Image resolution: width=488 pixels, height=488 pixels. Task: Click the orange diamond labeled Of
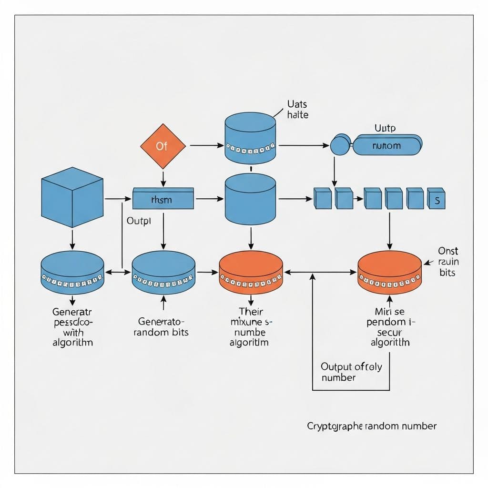(163, 146)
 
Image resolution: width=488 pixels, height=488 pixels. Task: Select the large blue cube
(72, 197)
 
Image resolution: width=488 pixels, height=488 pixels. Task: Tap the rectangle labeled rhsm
(163, 199)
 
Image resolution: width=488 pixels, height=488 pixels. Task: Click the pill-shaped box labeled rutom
(386, 145)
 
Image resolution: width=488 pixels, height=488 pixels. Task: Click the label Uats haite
(298, 109)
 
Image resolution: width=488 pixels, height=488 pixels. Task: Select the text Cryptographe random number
(372, 426)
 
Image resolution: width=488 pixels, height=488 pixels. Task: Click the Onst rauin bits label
(447, 262)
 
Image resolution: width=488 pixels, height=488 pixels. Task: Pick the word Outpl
(139, 221)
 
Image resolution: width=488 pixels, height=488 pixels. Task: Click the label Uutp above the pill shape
(385, 128)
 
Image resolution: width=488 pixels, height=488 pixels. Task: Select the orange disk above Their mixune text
(251, 273)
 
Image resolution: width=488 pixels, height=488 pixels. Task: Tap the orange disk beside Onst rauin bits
(389, 273)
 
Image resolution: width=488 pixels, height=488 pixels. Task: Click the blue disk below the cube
(72, 273)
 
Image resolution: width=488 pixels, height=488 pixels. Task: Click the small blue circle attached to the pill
(340, 145)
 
